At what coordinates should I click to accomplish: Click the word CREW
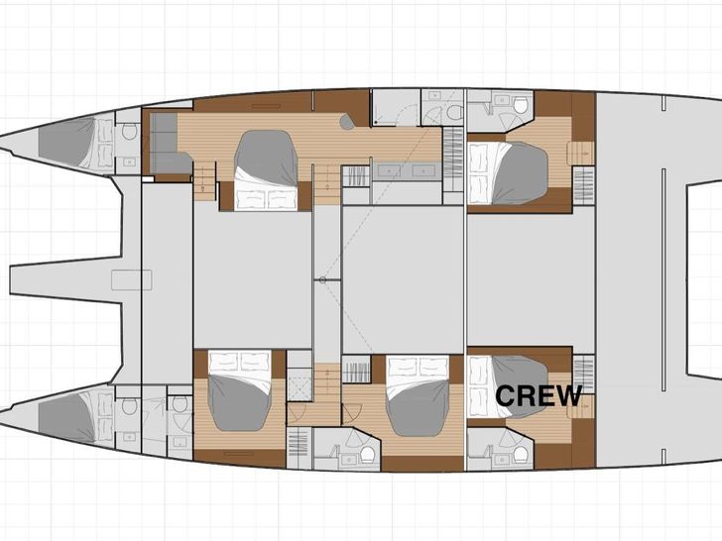click(x=539, y=395)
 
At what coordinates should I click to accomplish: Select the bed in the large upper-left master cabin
click(x=266, y=170)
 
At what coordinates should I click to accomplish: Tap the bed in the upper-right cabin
click(x=508, y=173)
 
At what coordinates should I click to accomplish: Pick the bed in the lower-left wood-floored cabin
click(x=239, y=390)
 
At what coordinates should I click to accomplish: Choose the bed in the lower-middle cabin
click(x=419, y=395)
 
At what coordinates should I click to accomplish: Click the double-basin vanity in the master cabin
click(x=406, y=171)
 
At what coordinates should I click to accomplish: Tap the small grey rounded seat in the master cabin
click(x=347, y=122)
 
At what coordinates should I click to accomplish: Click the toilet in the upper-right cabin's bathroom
click(x=521, y=105)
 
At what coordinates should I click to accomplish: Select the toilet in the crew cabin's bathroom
click(x=521, y=455)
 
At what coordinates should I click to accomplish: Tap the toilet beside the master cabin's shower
click(x=455, y=112)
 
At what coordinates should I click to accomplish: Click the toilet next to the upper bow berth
click(x=129, y=132)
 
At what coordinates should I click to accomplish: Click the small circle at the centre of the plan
click(x=322, y=279)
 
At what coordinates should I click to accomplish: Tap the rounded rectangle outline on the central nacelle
click(x=132, y=279)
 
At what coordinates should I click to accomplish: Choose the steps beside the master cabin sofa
click(x=205, y=180)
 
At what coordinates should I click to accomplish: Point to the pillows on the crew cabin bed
click(x=477, y=386)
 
